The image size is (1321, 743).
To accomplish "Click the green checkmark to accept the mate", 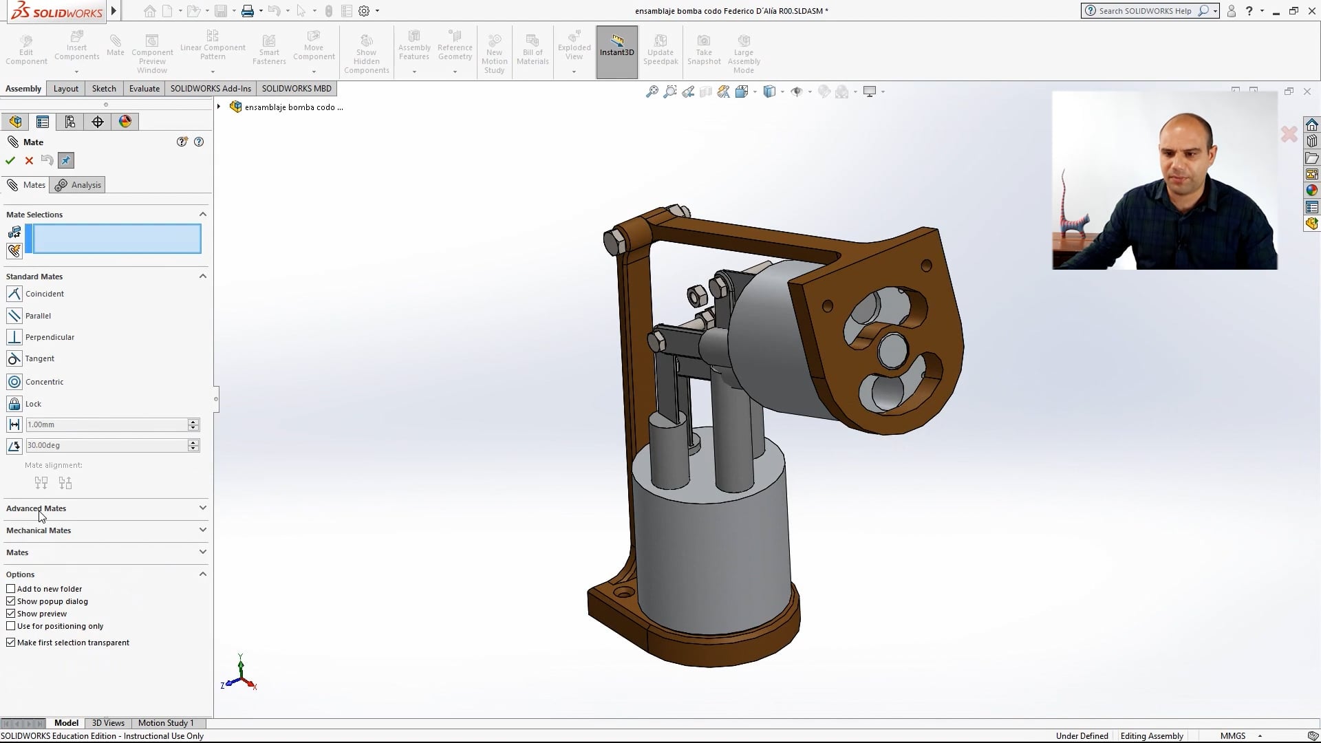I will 10,160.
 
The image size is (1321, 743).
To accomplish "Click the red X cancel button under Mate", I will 29,160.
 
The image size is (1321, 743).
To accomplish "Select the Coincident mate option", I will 44,294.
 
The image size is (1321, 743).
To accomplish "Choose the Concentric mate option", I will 44,382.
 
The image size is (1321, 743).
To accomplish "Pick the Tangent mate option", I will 39,358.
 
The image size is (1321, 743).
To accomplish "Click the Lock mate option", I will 33,404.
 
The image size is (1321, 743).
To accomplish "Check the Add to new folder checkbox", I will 11,589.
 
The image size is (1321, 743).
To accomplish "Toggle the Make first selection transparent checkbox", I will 11,643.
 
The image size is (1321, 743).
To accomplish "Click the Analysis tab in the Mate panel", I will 78,185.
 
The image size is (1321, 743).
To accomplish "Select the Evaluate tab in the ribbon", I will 144,89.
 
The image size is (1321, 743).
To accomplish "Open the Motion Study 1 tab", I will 166,723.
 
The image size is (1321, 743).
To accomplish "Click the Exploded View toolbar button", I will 574,48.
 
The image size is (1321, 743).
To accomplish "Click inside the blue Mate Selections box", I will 117,239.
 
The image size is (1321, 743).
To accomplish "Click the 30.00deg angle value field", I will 106,446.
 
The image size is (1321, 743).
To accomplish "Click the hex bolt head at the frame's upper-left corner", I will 614,241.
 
